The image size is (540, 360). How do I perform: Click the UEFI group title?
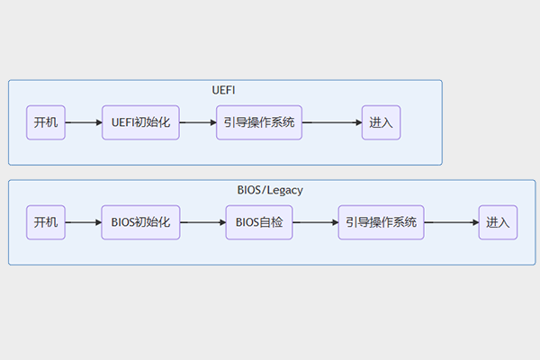(x=225, y=91)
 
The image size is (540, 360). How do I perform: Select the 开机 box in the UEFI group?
(x=46, y=122)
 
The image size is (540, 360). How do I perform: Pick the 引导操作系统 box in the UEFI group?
(x=258, y=122)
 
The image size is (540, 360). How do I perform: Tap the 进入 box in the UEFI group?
(x=381, y=122)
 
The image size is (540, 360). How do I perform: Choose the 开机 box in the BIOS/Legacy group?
(x=46, y=221)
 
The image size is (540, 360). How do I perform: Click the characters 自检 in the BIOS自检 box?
(x=271, y=221)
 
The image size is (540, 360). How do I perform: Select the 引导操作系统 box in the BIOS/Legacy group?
(x=382, y=221)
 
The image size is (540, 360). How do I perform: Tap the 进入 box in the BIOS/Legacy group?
(x=498, y=221)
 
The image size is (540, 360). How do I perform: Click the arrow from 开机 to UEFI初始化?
(x=83, y=122)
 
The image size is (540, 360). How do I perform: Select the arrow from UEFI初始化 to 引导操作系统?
(x=197, y=122)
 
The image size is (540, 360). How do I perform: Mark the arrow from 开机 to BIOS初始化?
(x=83, y=221)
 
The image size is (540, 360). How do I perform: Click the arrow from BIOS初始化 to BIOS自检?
(x=202, y=221)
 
